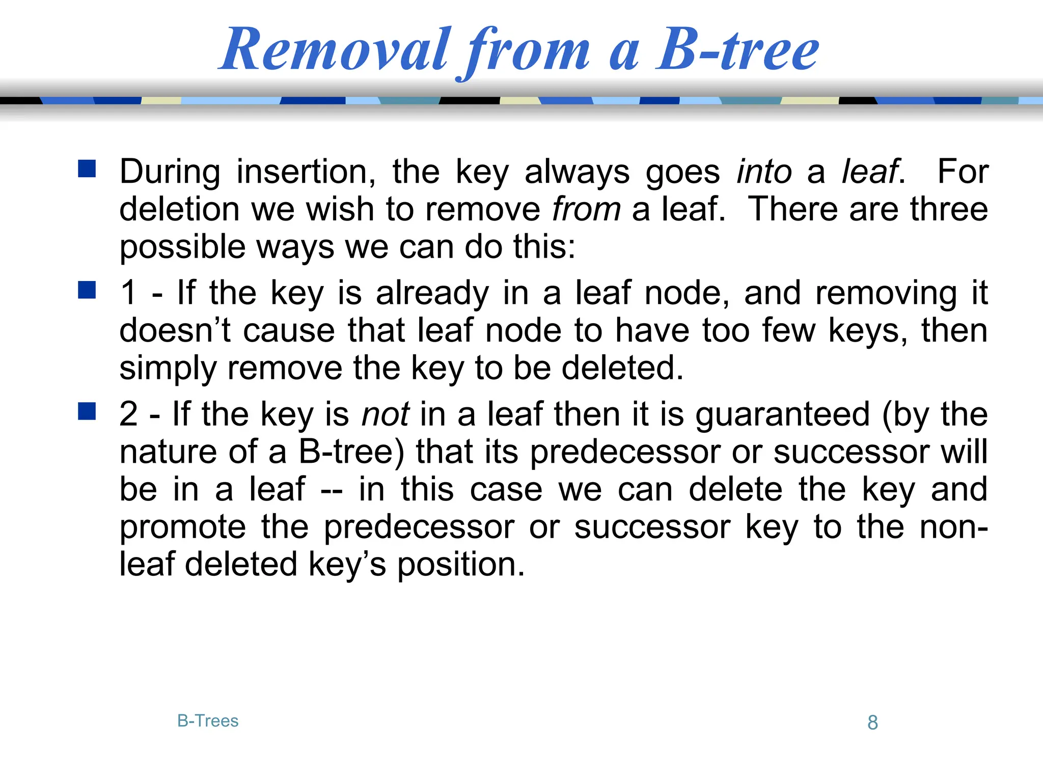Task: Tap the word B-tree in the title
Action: (x=737, y=50)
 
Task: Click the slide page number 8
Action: (x=872, y=722)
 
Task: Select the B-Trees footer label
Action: (x=208, y=721)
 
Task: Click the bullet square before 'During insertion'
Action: (x=87, y=169)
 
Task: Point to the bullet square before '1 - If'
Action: (x=87, y=290)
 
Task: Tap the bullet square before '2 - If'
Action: (x=87, y=411)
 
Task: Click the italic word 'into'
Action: (x=764, y=172)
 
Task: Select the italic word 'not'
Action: (x=385, y=414)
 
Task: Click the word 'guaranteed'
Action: (x=783, y=414)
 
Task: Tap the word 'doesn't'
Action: (x=175, y=330)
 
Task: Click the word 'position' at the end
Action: (x=460, y=565)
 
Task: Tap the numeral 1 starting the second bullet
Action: (x=128, y=293)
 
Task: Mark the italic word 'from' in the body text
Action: (x=587, y=209)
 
